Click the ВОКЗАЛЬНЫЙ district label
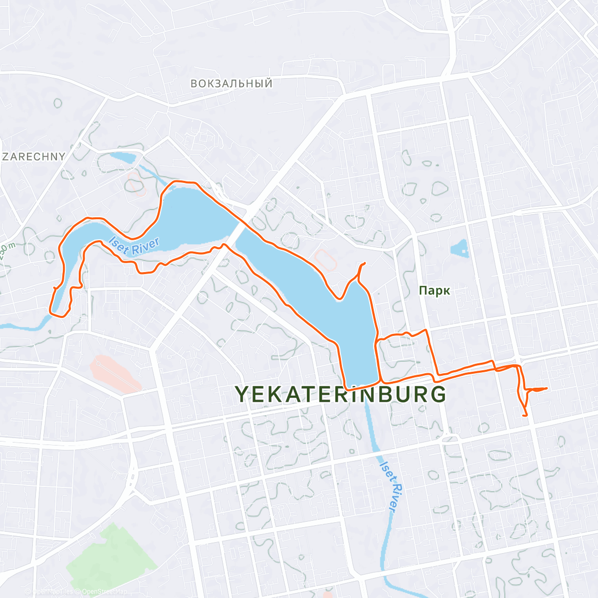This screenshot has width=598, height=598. tap(232, 83)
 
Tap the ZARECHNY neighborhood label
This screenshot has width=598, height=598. tap(34, 156)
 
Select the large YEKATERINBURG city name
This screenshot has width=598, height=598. tap(341, 394)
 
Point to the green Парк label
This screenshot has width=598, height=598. tap(435, 291)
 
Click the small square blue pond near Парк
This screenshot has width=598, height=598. tap(460, 248)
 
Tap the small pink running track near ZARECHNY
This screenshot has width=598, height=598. tap(135, 182)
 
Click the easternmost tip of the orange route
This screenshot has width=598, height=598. tap(547, 388)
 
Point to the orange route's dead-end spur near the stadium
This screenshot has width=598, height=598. tap(365, 263)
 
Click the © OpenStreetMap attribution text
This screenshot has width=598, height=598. tap(102, 592)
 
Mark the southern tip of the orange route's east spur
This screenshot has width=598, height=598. tap(525, 415)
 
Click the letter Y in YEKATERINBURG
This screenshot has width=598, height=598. tap(242, 394)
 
